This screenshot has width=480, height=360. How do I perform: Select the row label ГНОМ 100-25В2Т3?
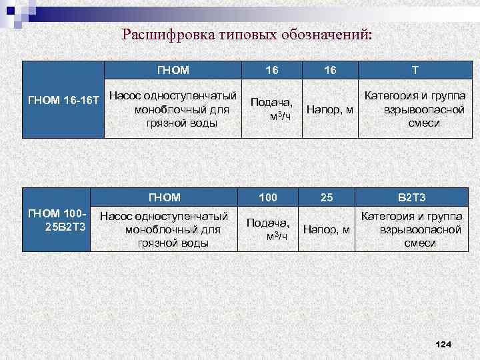click(56, 219)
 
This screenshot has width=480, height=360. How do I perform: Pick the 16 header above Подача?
click(272, 70)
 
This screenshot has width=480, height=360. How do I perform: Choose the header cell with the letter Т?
click(415, 70)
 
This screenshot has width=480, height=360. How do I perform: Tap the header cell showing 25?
click(327, 197)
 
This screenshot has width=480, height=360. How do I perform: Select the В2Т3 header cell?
click(411, 197)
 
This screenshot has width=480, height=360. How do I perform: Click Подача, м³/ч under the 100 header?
click(268, 229)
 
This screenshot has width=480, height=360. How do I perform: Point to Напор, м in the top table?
click(329, 109)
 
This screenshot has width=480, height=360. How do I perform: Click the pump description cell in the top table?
click(173, 109)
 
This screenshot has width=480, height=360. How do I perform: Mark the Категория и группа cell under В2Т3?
click(411, 229)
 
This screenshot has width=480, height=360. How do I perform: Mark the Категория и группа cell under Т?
click(415, 109)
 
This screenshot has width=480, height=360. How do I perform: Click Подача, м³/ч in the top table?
click(271, 109)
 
